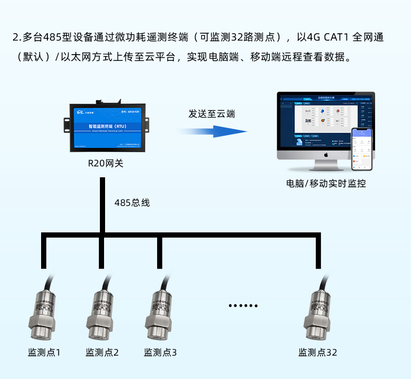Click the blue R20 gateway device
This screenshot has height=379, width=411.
coord(106,127)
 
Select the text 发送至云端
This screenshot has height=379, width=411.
coord(211,114)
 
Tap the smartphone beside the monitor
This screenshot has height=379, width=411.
coord(362,150)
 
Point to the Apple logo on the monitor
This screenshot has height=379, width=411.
coord(326,154)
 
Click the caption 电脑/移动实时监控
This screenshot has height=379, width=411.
coord(326,183)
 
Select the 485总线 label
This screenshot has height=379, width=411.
coord(132,203)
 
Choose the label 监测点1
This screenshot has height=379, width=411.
coord(44,352)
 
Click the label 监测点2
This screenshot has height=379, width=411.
coord(102,352)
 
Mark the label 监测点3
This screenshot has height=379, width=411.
coord(160,352)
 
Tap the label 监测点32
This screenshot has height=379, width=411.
coord(318,352)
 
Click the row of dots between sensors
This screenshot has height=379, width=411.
coord(243,306)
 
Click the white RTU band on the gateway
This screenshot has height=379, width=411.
coord(106,126)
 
